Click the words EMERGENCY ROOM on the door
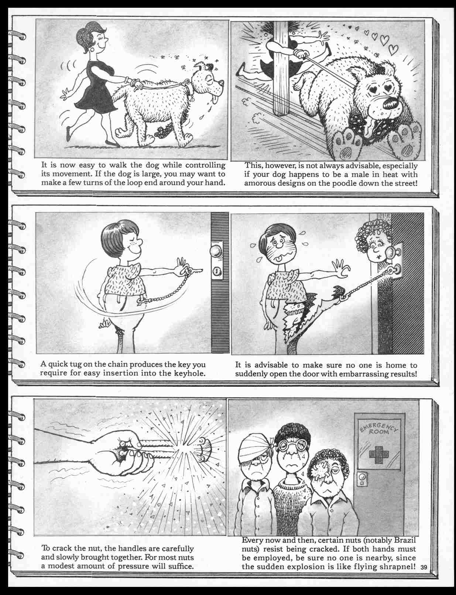pos(380,428)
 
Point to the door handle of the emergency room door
pos(363,480)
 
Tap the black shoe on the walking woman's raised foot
pos(69,133)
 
